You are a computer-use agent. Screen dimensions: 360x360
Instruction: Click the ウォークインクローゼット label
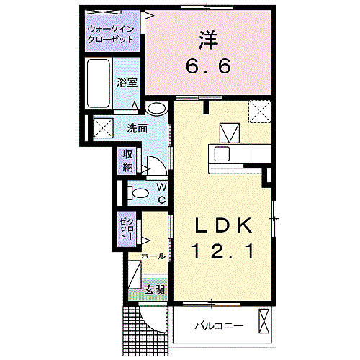[x=110, y=34]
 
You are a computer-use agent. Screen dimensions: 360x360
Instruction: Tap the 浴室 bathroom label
[x=127, y=83]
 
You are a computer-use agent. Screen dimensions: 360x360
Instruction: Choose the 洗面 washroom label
[x=137, y=129]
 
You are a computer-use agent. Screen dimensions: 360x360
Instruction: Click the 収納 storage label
[x=128, y=161]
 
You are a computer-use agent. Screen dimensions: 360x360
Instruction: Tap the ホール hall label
[x=153, y=256]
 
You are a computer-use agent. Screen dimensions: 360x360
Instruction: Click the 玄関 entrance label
[x=154, y=290]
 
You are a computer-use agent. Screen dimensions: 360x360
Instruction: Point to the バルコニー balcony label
[x=217, y=326]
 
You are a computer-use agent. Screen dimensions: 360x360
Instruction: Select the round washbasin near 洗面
[x=156, y=109]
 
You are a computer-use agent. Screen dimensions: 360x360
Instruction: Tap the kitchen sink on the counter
[x=220, y=153]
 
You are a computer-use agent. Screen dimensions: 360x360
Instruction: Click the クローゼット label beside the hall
[x=128, y=228]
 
